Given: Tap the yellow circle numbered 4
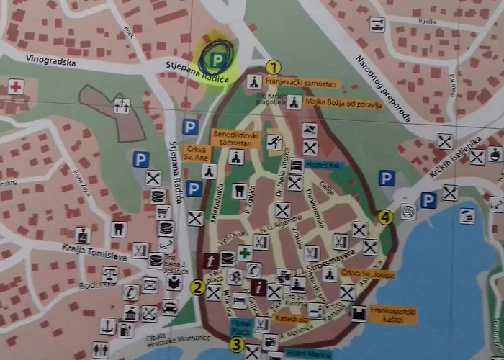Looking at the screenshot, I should (x=386, y=217).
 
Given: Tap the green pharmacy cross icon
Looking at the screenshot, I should (x=245, y=253).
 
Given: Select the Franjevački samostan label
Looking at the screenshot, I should (x=302, y=84).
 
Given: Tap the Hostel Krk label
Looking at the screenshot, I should (x=322, y=165).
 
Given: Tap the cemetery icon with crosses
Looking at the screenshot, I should (x=122, y=107).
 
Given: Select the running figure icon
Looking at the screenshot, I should (x=274, y=142).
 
